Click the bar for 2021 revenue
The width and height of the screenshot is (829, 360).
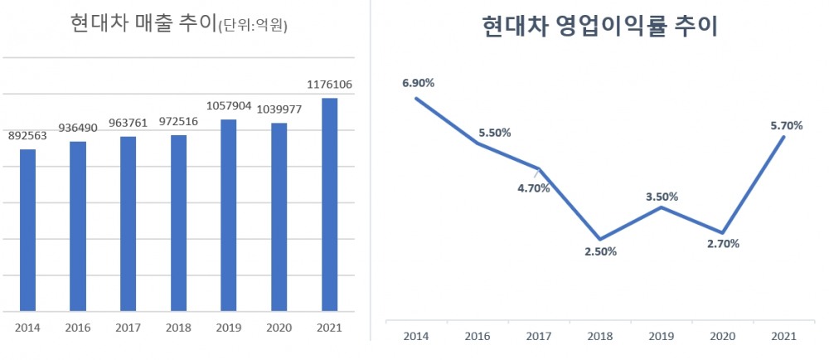click(329, 205)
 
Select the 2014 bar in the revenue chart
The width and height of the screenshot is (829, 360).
click(27, 231)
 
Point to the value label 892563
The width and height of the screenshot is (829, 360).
click(27, 137)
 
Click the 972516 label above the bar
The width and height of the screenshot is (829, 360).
click(178, 122)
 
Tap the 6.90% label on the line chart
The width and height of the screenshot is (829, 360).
click(419, 83)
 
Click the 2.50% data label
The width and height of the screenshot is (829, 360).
click(600, 252)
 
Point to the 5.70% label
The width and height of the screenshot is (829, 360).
click(787, 125)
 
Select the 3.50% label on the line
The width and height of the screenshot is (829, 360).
click(662, 197)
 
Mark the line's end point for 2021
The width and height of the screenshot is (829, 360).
click(783, 137)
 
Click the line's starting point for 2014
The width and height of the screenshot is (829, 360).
click(416, 98)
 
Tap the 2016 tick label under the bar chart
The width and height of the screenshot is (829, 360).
click(78, 328)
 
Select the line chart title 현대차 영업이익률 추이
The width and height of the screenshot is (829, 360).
click(599, 27)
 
